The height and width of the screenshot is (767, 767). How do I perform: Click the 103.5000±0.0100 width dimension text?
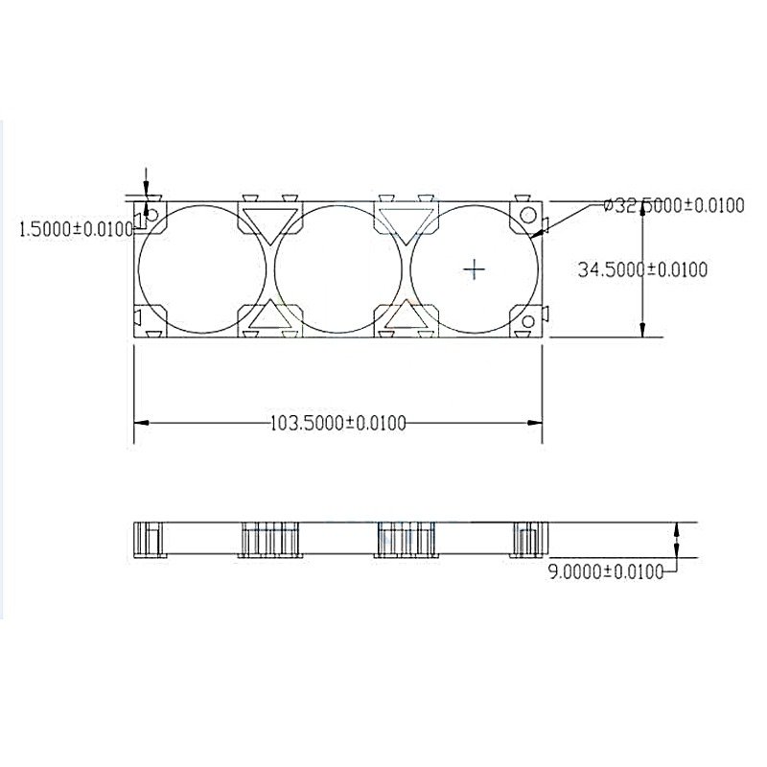(338, 423)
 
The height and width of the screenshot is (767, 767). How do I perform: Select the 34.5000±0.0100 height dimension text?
(642, 269)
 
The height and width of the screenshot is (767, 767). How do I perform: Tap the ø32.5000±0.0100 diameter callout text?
(674, 205)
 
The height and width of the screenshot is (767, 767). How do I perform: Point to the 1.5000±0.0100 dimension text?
(76, 228)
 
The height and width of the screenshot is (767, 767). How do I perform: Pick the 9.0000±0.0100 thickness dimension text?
(606, 571)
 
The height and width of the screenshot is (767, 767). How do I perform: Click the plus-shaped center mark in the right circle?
(474, 269)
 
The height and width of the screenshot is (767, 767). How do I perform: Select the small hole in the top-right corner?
(528, 215)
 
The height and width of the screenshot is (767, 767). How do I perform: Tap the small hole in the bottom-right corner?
(528, 321)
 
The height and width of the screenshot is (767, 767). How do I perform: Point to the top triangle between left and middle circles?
(270, 223)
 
